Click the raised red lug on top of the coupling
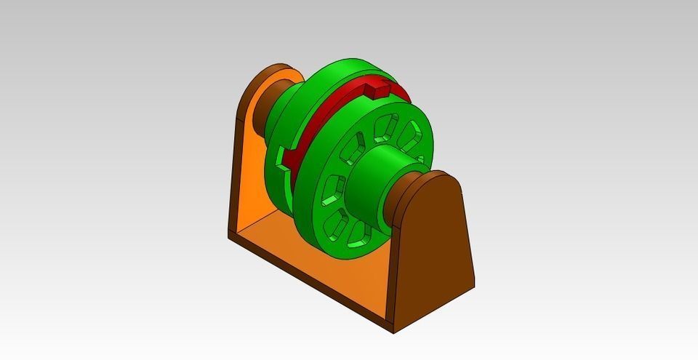click(375, 90)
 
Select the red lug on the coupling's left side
click(286, 156)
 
